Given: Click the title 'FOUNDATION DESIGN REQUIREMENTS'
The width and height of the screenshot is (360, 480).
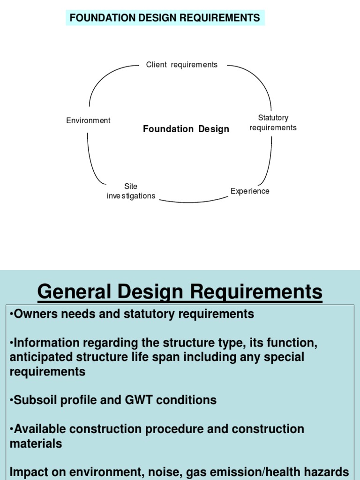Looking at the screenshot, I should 165,18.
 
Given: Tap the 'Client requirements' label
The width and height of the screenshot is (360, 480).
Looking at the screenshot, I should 182,65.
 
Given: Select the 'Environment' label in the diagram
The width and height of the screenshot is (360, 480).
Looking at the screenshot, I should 88,120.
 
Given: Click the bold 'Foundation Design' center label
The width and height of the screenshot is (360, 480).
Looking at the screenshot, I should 186,129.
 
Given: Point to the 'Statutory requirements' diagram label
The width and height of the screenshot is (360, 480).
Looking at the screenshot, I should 273,123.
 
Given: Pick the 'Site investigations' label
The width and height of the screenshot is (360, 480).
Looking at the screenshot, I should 131,191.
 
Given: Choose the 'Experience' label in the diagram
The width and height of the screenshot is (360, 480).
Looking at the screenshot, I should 250,191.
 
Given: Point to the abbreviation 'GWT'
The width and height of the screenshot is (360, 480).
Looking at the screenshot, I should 138,400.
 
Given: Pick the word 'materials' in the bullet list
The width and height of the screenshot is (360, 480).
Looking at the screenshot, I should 36,443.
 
